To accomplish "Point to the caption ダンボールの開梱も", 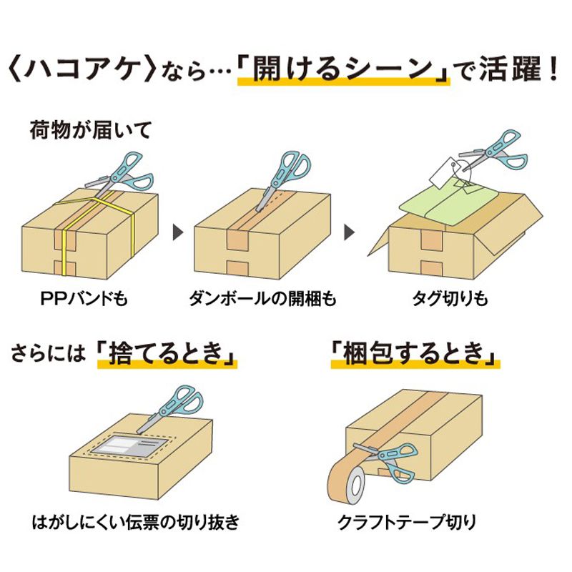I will click(262, 297).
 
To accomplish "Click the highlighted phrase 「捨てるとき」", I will click(167, 352).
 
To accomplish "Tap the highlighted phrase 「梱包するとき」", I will click(415, 352).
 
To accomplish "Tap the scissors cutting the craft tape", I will click(390, 458).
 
